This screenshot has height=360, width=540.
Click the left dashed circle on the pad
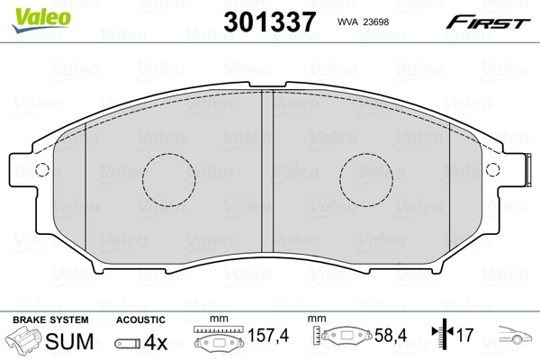170,175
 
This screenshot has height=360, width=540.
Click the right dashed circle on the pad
368,175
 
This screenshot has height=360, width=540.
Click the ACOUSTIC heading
140,319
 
